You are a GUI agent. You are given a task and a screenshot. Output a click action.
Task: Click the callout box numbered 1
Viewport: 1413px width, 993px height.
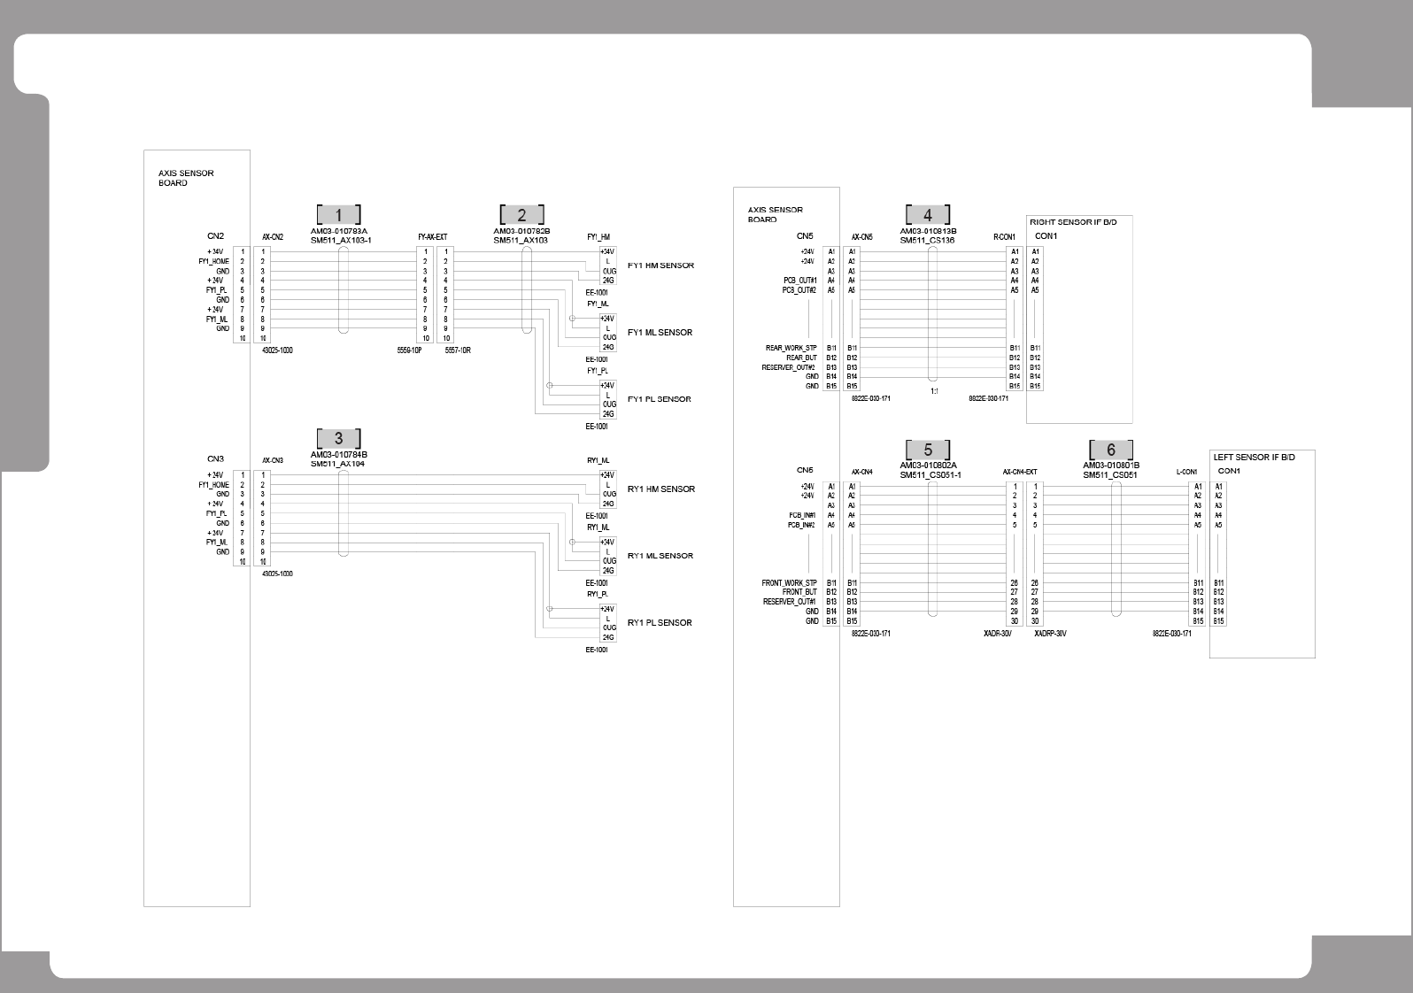338,215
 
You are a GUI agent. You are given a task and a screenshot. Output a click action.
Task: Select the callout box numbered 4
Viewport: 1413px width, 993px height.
927,215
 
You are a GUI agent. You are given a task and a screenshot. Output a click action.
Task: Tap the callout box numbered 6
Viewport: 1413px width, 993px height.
1110,450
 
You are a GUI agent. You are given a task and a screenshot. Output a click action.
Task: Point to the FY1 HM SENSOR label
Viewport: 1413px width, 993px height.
660,266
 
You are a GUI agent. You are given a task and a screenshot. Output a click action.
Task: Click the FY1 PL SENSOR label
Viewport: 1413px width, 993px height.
660,399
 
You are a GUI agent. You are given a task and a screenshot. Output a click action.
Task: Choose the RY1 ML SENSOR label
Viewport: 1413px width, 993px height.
660,556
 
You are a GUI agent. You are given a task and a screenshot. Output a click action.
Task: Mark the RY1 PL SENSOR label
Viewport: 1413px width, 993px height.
660,623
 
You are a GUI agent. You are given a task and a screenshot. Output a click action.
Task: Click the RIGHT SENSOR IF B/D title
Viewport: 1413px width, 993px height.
1073,222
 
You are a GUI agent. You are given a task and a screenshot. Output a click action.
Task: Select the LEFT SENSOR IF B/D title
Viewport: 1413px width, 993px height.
1254,458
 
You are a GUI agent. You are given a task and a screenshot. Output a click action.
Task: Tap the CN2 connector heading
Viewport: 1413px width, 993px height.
216,236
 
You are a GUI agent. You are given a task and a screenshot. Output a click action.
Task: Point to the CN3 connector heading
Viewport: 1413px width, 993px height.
216,459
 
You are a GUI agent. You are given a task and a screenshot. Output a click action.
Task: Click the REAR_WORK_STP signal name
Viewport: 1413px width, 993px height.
791,349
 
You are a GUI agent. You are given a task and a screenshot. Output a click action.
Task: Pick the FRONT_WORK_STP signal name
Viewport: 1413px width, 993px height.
790,583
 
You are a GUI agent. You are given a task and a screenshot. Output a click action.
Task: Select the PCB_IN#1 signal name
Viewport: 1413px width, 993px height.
802,515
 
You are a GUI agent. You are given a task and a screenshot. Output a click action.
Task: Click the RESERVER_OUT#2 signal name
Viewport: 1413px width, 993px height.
788,367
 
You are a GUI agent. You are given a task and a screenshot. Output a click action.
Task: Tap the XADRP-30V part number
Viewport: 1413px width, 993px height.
1050,634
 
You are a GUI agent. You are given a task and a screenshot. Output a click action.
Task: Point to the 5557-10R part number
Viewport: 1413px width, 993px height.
458,350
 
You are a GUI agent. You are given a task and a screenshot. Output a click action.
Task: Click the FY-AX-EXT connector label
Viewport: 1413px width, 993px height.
433,237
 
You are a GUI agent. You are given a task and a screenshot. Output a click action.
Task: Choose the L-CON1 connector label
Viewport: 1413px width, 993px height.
1186,473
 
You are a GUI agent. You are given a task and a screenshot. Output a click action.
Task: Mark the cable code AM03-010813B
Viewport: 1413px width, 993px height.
928,231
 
